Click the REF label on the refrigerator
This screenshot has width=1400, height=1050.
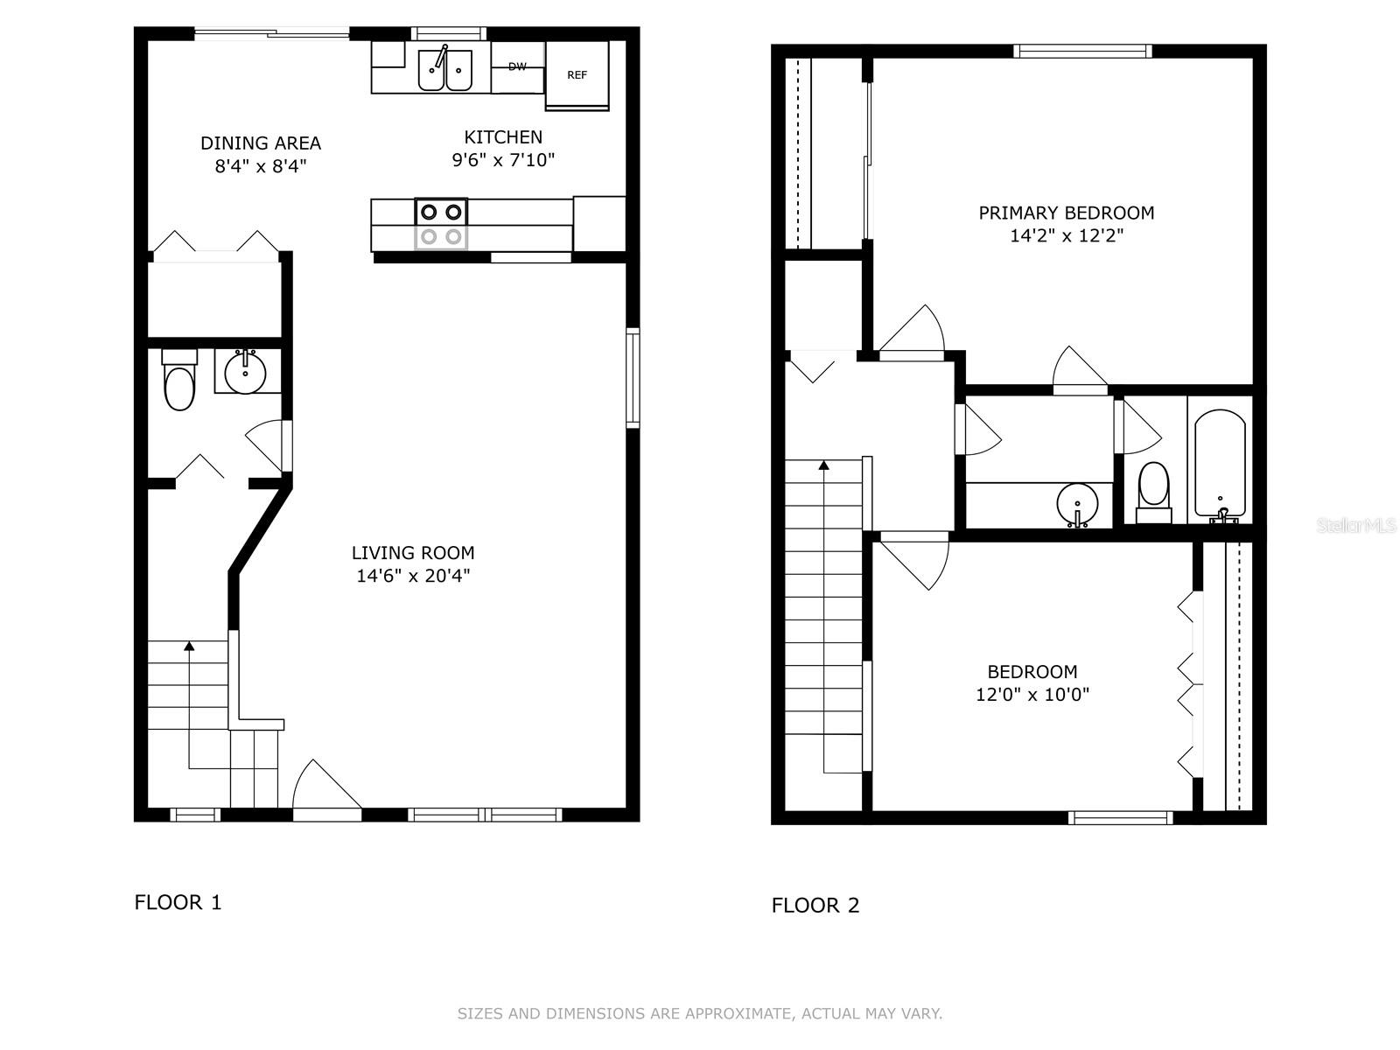click(577, 75)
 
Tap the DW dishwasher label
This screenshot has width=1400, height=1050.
click(517, 66)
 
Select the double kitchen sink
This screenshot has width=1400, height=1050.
click(445, 69)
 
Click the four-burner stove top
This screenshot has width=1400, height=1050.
click(441, 224)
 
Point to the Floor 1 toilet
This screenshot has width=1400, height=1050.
click(179, 380)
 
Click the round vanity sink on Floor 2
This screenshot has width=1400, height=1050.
click(1077, 505)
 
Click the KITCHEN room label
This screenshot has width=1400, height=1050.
click(503, 137)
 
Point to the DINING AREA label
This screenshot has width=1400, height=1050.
click(261, 143)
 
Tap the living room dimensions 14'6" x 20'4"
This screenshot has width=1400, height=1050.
click(413, 576)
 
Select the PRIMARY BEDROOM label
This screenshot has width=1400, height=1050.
click(1067, 213)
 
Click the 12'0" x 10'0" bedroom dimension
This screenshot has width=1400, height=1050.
click(1032, 694)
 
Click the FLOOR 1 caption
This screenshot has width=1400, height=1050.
click(178, 902)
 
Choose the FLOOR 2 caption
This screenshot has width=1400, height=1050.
click(815, 906)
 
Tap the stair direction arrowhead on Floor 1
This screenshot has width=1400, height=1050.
click(189, 646)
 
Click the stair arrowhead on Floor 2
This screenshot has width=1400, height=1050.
click(824, 465)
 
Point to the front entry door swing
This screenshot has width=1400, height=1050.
click(327, 789)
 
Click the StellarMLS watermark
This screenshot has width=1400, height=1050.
click(1356, 525)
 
